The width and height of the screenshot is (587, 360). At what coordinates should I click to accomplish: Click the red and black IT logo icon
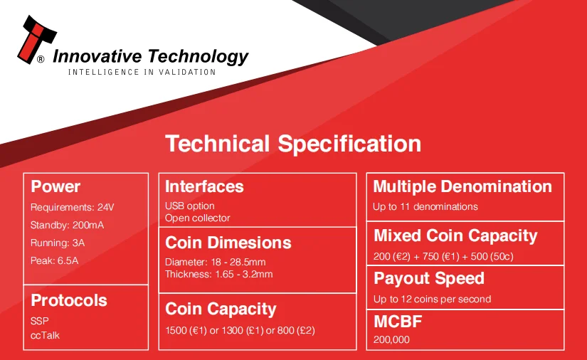37,40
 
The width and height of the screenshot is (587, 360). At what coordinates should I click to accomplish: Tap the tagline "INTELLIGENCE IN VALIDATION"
142,73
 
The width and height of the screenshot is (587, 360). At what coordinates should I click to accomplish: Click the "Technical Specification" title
293,144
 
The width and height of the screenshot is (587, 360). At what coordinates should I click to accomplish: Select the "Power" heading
55,186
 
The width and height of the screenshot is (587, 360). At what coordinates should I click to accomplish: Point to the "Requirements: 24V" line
73,207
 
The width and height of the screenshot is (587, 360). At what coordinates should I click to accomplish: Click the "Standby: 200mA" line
67,225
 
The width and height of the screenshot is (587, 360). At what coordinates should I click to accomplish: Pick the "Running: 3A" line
58,243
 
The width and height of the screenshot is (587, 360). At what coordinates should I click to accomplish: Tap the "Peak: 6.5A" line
54,260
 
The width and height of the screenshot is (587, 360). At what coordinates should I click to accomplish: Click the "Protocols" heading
69,300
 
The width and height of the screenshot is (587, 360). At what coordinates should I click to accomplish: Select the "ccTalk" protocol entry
45,335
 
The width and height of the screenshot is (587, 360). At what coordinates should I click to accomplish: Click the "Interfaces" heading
204,186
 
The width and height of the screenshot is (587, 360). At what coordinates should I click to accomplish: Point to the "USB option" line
190,206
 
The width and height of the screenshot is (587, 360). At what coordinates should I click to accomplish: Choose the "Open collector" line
198,218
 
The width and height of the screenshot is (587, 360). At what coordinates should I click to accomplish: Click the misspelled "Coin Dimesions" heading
228,243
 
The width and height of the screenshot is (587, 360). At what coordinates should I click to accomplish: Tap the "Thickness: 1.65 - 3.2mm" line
219,275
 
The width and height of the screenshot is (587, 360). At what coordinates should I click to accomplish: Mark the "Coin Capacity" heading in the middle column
221,309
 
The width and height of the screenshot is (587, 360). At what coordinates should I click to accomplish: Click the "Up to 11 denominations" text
425,206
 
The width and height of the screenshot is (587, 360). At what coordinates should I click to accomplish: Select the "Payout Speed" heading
429,279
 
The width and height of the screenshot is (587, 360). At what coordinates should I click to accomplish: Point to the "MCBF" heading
398,322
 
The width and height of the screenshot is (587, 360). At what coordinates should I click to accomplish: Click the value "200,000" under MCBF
391,340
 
